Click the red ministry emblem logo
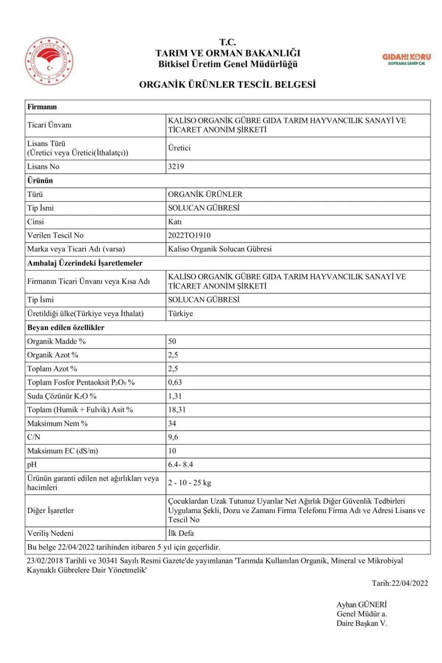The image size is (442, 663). [49, 62]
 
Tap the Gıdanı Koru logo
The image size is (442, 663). [406, 59]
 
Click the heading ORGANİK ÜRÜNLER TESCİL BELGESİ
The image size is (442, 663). [227, 84]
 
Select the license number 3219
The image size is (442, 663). [176, 166]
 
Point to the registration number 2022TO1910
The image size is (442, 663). [189, 235]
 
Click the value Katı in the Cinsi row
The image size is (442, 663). [175, 222]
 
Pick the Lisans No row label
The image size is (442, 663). [43, 166]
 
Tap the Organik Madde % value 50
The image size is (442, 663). [172, 341]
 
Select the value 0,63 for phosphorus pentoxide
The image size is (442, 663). [175, 382]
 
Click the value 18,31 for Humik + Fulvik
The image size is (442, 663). [177, 410]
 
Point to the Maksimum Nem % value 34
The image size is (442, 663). [172, 424]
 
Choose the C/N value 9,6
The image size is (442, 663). [173, 437]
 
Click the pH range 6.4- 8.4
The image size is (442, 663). [180, 464]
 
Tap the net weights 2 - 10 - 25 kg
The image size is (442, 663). [189, 483]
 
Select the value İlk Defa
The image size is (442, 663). [181, 533]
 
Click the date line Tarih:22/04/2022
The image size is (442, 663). [400, 583]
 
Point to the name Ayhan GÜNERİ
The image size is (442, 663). [361, 604]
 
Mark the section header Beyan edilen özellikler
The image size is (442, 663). [66, 327]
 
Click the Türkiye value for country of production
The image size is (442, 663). [180, 314]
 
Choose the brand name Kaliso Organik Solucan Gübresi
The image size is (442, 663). [220, 249]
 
